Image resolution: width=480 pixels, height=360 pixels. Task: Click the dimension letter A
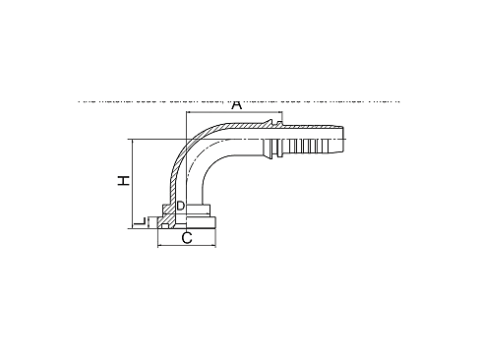coord(236,103)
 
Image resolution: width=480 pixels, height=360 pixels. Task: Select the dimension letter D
coord(180,206)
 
